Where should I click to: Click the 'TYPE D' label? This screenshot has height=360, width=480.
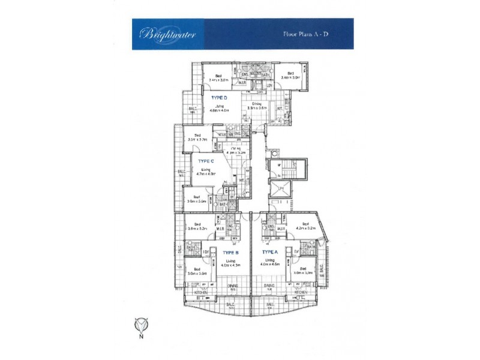218,97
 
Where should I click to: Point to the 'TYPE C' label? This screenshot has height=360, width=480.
206,161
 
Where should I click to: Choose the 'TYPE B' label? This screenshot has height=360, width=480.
230,253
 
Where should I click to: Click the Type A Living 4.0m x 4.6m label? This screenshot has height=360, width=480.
271,262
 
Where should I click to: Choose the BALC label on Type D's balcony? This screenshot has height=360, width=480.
193,109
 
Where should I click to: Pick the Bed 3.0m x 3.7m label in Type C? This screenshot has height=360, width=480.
197,137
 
